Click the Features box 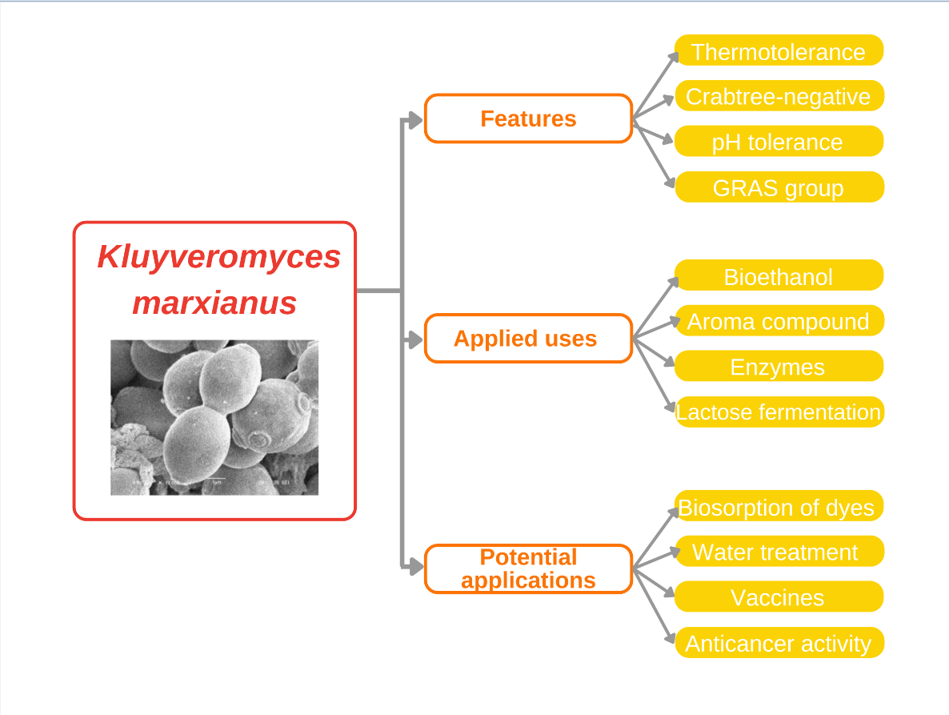pyautogui.click(x=528, y=118)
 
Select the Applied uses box pyautogui.click(x=528, y=339)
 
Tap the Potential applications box pyautogui.click(x=528, y=568)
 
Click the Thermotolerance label pyautogui.click(x=779, y=51)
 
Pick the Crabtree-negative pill pyautogui.click(x=779, y=96)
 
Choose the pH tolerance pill pyautogui.click(x=779, y=142)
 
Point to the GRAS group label pyautogui.click(x=779, y=187)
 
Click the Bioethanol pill pyautogui.click(x=779, y=276)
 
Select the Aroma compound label pyautogui.click(x=779, y=321)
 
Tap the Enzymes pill pyautogui.click(x=779, y=367)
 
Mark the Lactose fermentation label pyautogui.click(x=779, y=412)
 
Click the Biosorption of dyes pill pyautogui.click(x=779, y=507)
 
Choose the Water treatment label pyautogui.click(x=779, y=552)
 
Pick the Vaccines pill pyautogui.click(x=779, y=597)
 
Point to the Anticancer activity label pyautogui.click(x=779, y=643)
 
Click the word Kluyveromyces pyautogui.click(x=218, y=258)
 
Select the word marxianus pyautogui.click(x=214, y=303)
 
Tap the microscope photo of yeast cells pyautogui.click(x=214, y=417)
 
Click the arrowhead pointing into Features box pyautogui.click(x=415, y=120)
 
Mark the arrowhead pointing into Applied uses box pyautogui.click(x=415, y=340)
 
